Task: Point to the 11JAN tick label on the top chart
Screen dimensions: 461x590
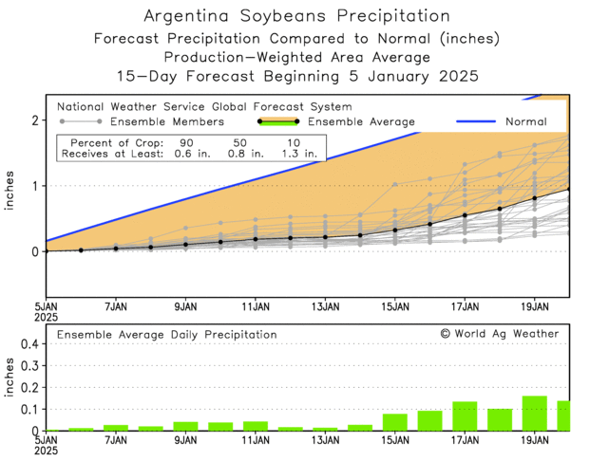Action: tap(256, 306)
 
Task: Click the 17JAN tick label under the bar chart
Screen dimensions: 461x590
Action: tap(465, 439)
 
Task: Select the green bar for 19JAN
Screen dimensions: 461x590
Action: tap(535, 414)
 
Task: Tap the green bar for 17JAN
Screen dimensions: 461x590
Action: tap(465, 416)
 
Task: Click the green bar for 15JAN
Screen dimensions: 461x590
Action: tap(395, 422)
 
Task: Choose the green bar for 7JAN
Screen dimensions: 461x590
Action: tap(116, 428)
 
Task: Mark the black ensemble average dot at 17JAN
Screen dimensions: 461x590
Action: tap(465, 215)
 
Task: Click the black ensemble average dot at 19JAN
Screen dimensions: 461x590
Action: tap(535, 198)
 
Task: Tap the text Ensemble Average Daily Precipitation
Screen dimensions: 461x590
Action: tap(166, 335)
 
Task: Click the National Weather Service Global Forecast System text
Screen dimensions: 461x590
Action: tap(204, 106)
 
